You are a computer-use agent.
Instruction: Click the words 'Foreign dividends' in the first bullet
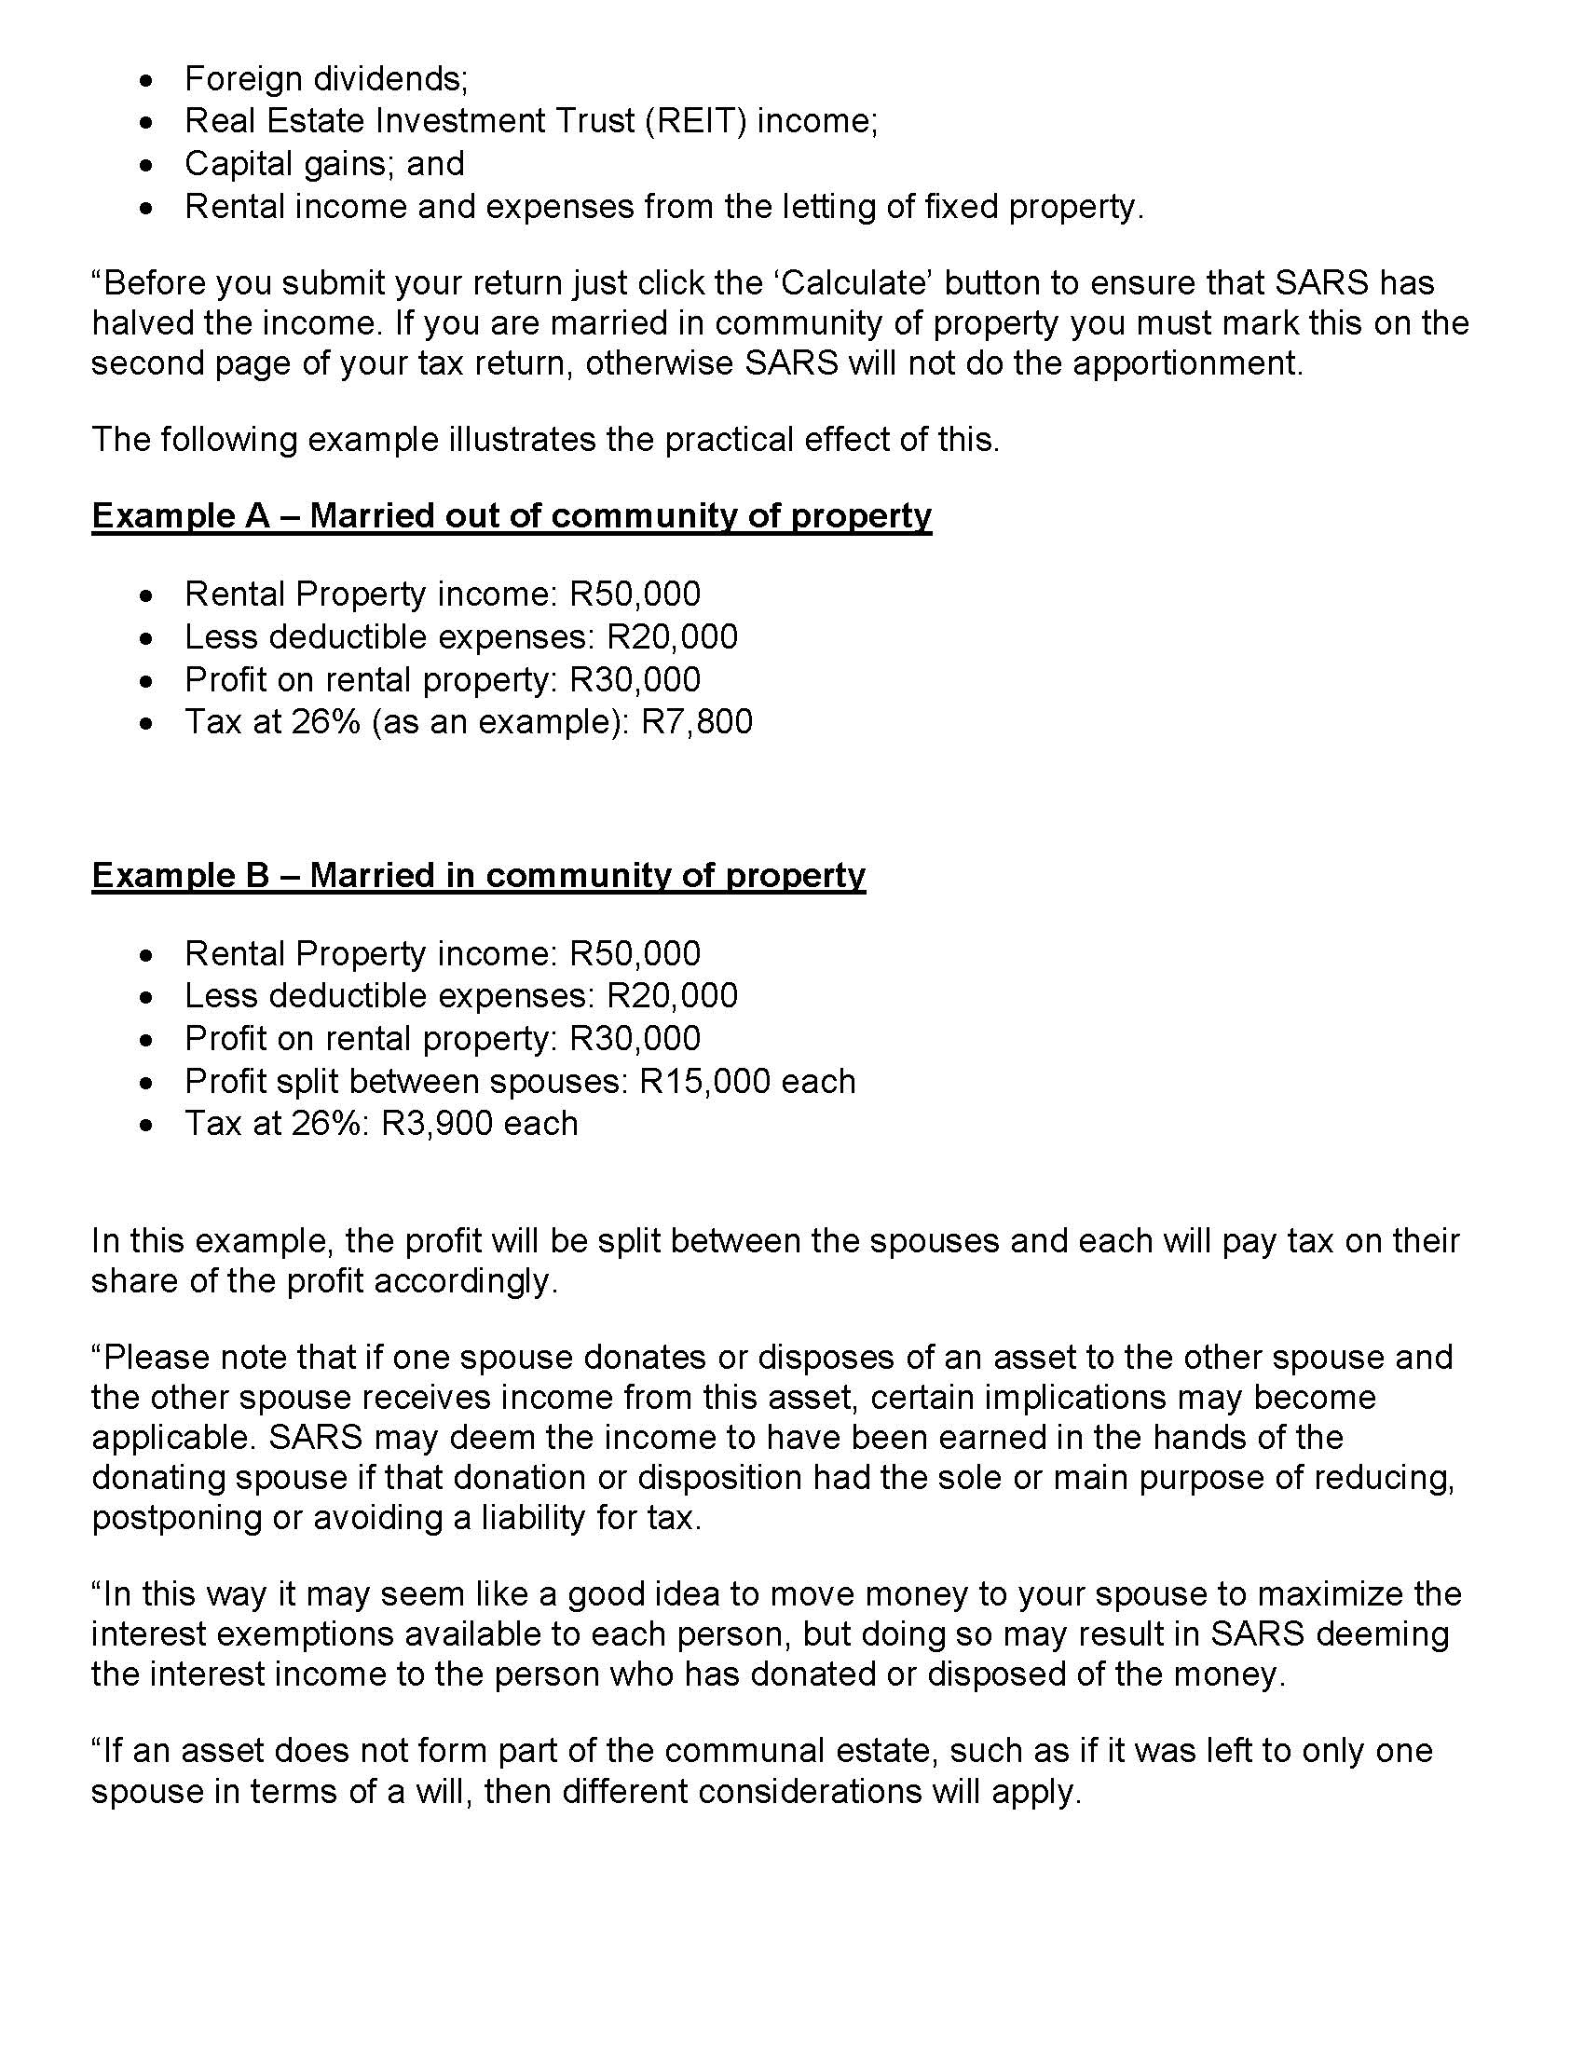click(x=323, y=79)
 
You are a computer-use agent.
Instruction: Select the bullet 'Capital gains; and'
click(x=323, y=164)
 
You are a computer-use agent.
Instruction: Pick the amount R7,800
click(x=696, y=722)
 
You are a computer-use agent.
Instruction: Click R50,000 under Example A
click(x=635, y=594)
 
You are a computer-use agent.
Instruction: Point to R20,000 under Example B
click(x=672, y=995)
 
